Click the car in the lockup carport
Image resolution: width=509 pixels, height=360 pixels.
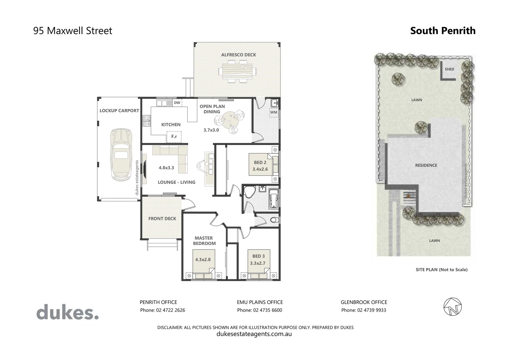coord(121,154)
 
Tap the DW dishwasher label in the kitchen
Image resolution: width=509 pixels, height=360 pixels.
coord(177,103)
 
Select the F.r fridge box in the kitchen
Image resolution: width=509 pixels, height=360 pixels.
coord(174,137)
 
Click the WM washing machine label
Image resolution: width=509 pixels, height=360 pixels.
coord(273,112)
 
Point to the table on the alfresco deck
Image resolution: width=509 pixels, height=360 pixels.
coord(238,71)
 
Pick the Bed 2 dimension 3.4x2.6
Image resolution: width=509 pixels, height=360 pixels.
coord(260,169)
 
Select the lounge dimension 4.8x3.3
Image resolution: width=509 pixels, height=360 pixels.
coord(166,168)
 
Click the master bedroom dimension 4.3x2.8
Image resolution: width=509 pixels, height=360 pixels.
coord(203,259)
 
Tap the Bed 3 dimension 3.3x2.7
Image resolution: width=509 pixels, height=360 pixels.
coord(257,263)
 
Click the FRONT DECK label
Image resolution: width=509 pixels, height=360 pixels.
coord(162,219)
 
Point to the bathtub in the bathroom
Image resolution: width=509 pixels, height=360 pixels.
coord(273,199)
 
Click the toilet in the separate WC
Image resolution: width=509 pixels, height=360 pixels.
coord(273,220)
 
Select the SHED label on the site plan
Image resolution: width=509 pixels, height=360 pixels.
coord(449,69)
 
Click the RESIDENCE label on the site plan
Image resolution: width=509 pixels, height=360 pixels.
coord(426,165)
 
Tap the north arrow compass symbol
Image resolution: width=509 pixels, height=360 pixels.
coord(452,306)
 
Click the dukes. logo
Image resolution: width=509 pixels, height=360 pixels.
coord(67,313)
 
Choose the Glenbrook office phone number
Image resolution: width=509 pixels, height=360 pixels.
coord(364,310)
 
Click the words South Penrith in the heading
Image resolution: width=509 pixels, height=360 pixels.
coord(443,31)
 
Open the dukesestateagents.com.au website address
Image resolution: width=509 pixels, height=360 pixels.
coord(254,334)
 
